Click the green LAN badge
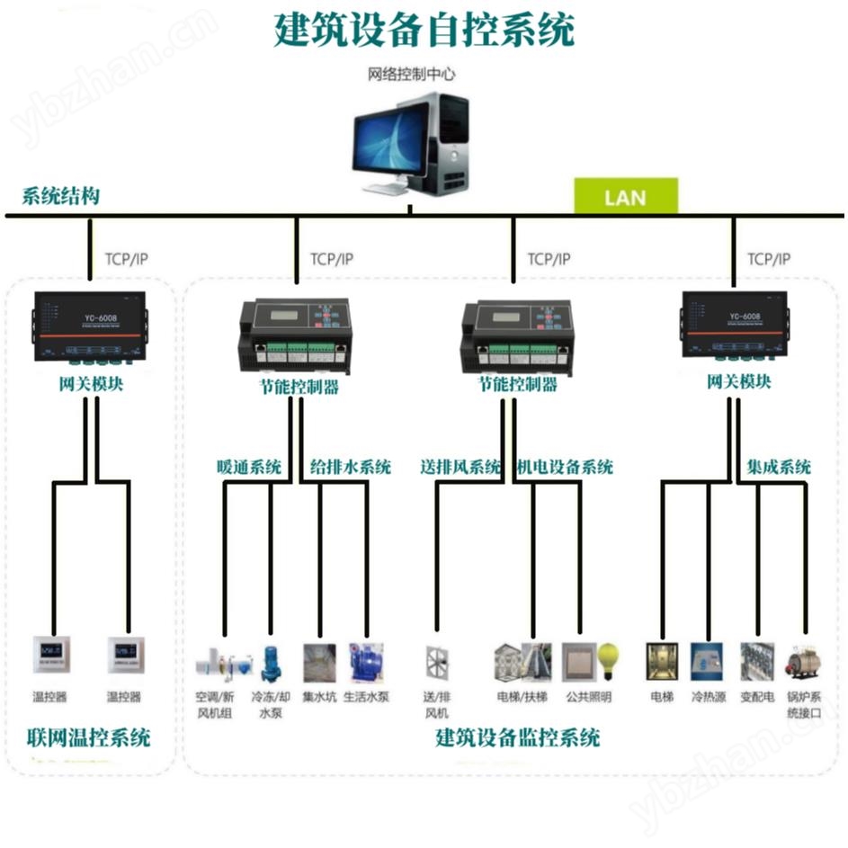[x=625, y=197]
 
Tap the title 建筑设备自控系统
[x=424, y=31]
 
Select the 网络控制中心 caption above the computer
[x=412, y=74]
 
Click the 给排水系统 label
[x=351, y=467]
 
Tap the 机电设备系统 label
[x=566, y=467]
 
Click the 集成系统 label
[x=779, y=467]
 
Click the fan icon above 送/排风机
[x=437, y=662]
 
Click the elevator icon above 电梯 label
[x=661, y=661]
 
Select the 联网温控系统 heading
[x=88, y=739]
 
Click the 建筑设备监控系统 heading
[x=517, y=739]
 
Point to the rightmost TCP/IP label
[x=769, y=259]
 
